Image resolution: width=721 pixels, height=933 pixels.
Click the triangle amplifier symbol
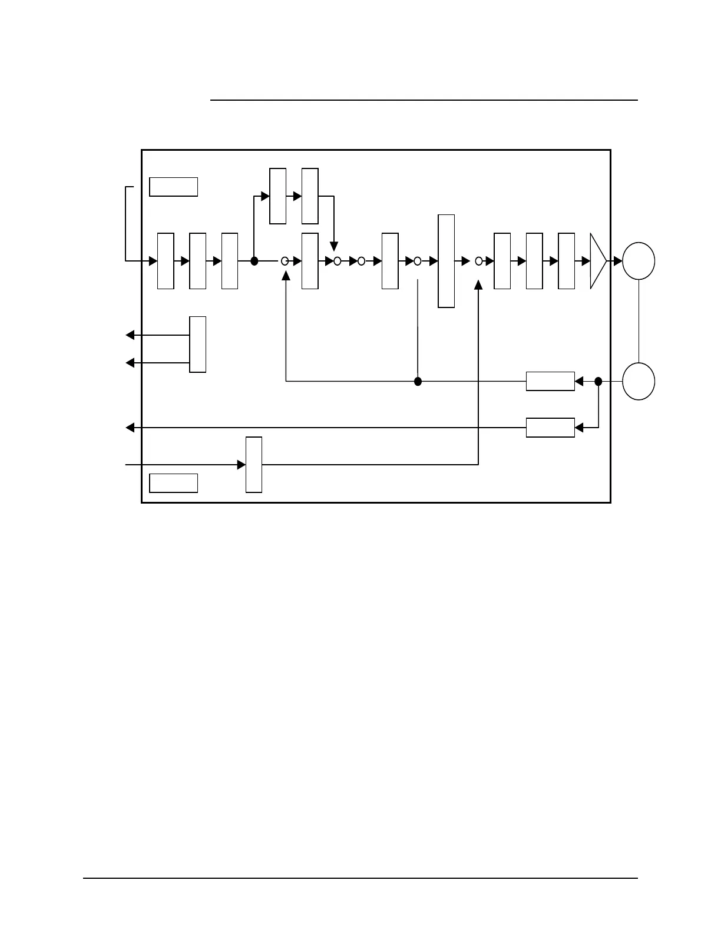(597, 261)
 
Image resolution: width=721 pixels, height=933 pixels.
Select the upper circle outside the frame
(639, 261)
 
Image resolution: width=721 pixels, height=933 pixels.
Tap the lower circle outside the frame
(639, 382)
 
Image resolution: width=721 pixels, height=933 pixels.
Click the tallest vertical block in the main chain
(447, 261)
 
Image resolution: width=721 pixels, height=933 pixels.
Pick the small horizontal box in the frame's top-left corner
(173, 186)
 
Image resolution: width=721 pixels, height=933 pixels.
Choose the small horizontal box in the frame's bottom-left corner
(173, 483)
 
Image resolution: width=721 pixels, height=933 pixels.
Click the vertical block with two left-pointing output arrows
(198, 345)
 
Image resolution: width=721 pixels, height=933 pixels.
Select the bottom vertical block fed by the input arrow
(254, 465)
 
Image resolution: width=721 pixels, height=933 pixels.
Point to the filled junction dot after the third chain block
(254, 261)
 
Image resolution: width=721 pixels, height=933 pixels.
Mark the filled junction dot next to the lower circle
(598, 382)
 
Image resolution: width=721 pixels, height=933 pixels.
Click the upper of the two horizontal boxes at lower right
(550, 382)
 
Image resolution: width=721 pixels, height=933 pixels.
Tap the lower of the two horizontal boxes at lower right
(550, 428)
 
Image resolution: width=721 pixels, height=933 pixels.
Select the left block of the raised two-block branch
(278, 196)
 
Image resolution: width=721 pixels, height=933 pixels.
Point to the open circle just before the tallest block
(418, 261)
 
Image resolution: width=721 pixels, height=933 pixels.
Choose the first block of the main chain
(166, 261)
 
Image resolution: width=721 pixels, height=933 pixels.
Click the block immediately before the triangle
(566, 261)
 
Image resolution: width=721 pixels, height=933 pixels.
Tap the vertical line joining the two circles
(639, 321)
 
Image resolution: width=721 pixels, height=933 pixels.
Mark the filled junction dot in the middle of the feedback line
(418, 382)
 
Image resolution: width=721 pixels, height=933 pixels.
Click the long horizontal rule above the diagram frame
(424, 101)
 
